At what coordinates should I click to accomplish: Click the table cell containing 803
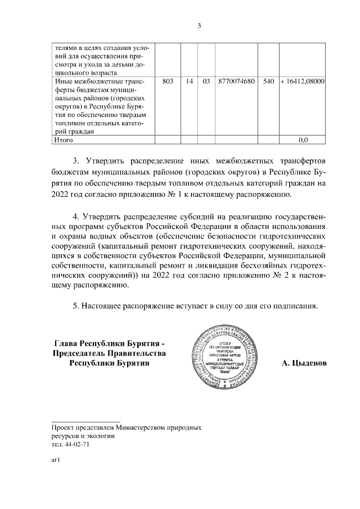167,82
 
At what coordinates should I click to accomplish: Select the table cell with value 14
190,82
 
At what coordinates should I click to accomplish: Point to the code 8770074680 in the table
236,82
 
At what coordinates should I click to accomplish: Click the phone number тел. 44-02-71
70,443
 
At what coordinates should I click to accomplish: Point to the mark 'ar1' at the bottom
55,460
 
